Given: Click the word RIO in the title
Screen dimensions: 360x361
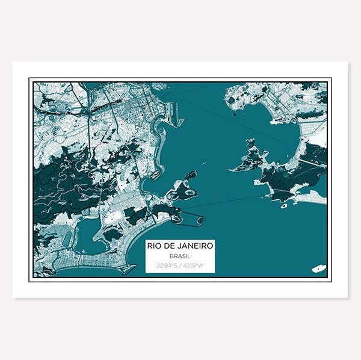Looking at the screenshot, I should [x=155, y=246].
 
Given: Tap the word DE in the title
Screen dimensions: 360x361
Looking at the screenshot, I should [x=170, y=246].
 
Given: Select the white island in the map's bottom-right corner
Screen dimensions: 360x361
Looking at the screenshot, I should [x=318, y=268].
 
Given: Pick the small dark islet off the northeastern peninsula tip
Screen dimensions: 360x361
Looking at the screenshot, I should [x=233, y=110].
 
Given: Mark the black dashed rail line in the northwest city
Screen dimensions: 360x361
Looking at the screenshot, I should [x=66, y=111].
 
